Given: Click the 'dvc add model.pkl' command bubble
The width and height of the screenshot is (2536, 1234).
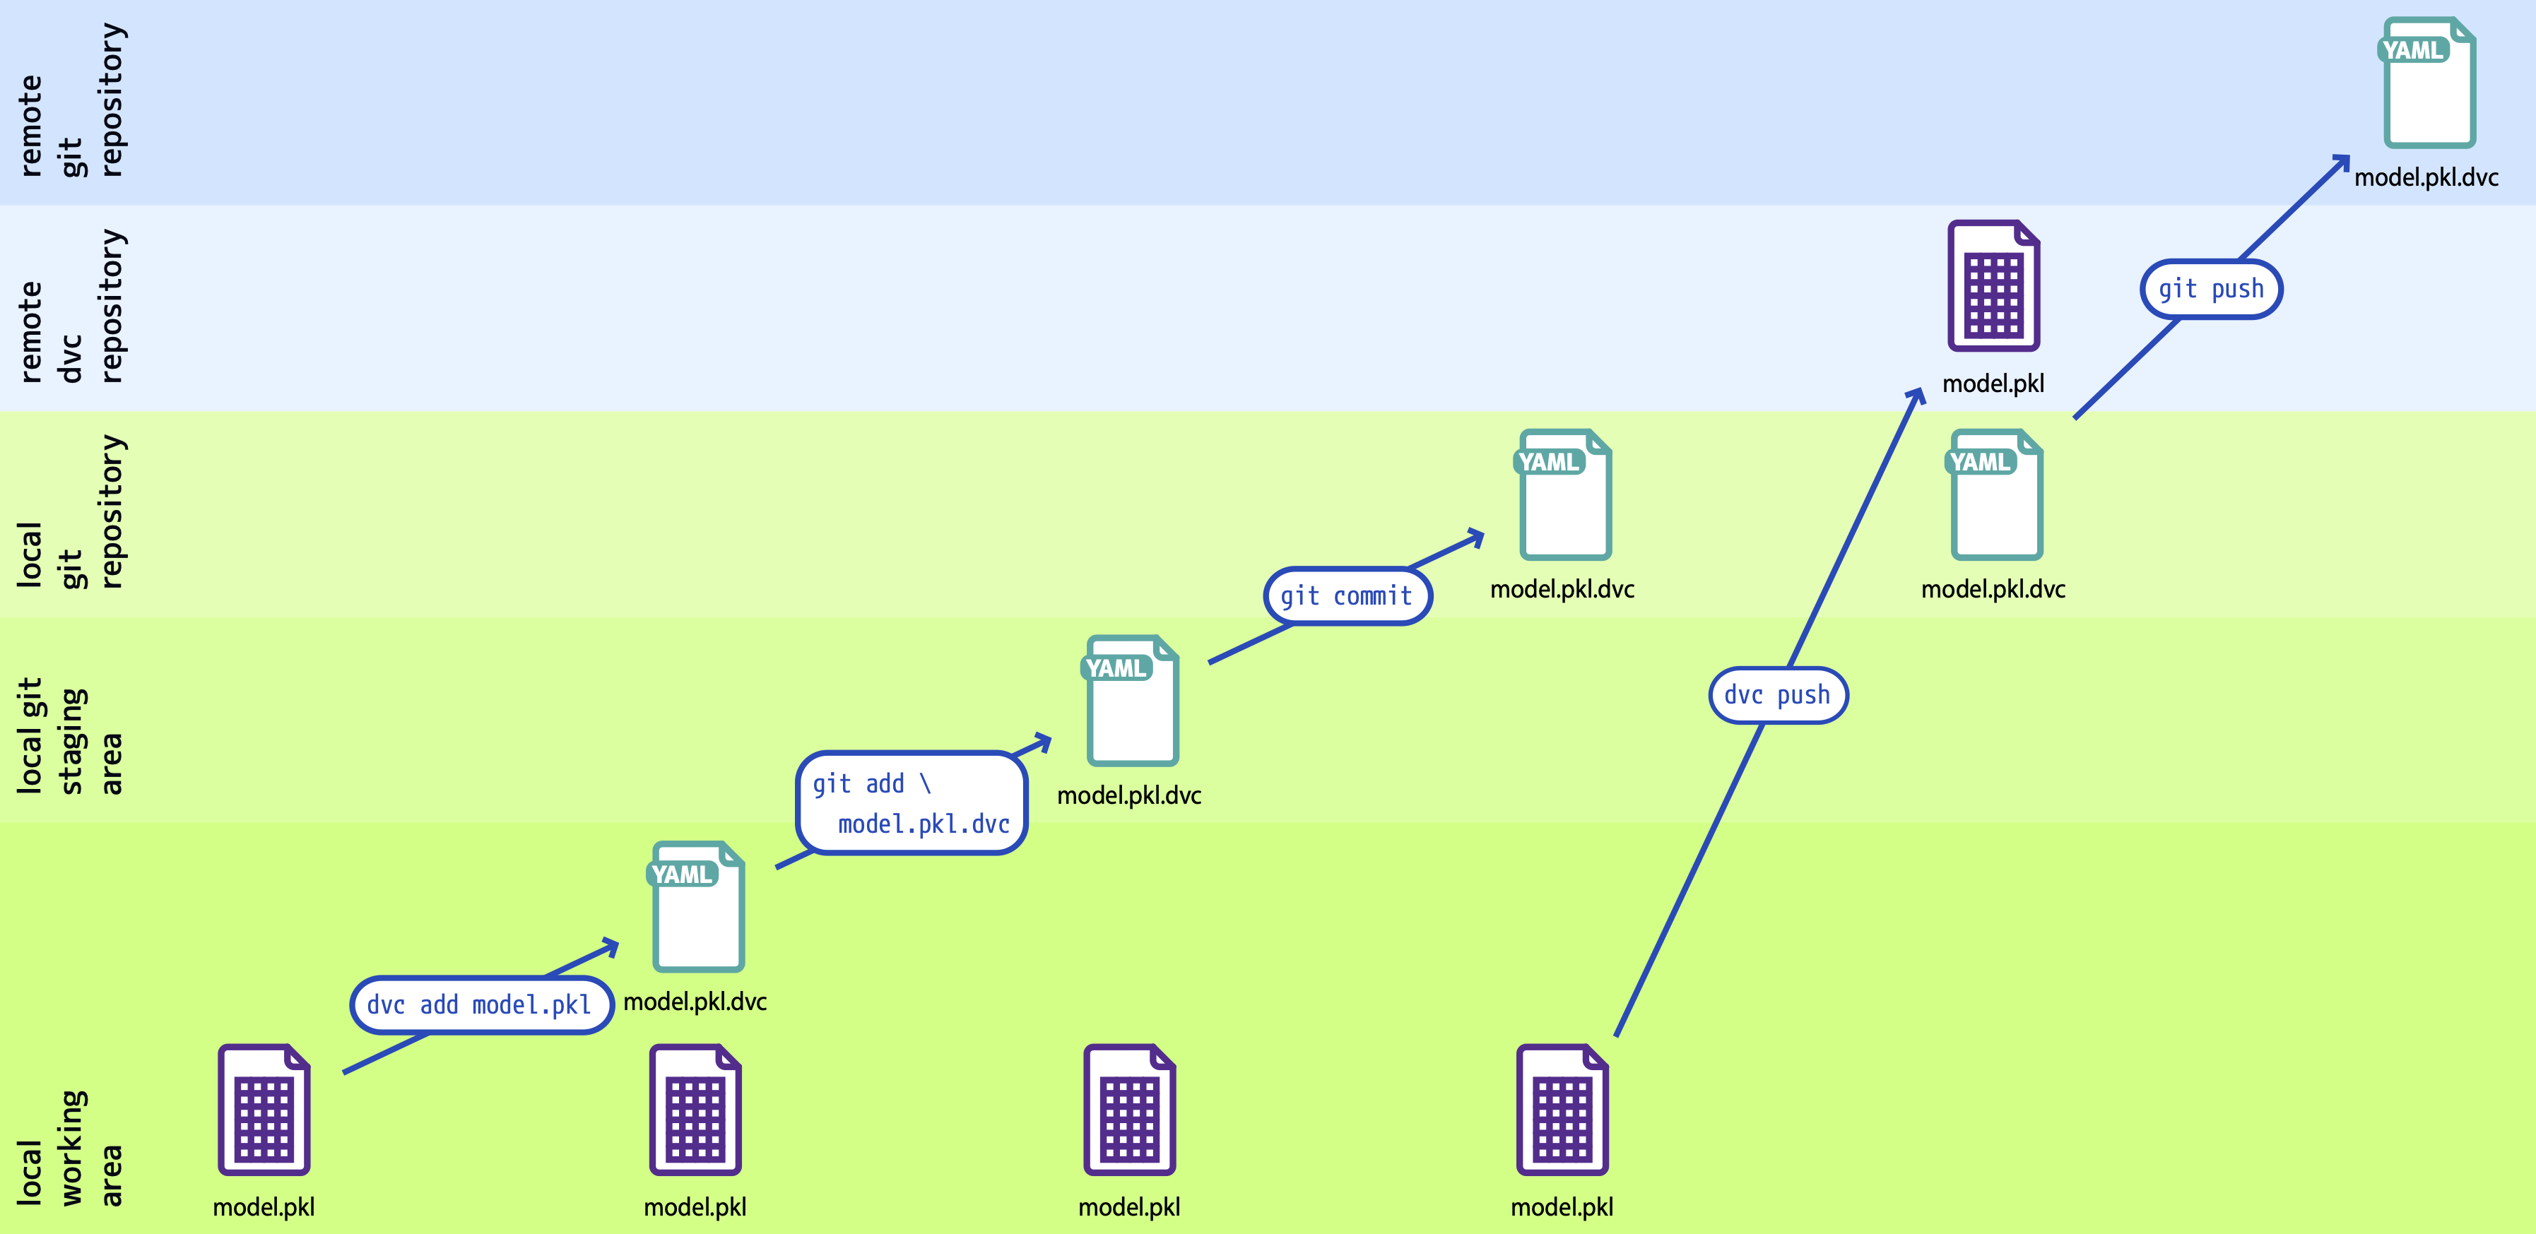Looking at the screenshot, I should point(481,1004).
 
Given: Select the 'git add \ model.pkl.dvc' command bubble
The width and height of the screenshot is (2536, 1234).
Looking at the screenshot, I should point(912,803).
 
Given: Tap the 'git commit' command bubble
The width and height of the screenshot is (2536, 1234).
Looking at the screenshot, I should point(1347,596).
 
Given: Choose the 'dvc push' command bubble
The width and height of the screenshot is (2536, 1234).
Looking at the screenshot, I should point(1777,696).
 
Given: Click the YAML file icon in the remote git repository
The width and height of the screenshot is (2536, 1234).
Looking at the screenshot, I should point(2429,83).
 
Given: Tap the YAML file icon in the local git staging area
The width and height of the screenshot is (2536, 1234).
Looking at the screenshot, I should point(1131,701).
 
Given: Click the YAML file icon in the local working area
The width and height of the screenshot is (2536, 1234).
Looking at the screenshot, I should point(697,907).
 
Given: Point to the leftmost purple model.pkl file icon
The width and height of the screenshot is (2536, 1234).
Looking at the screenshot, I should point(264,1110).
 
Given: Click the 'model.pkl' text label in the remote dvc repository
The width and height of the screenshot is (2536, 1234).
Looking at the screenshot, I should point(1993,384).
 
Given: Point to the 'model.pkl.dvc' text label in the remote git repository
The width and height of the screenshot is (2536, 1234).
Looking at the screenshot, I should point(2426,178).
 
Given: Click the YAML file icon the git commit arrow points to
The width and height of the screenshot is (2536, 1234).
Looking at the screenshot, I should point(1564,495).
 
